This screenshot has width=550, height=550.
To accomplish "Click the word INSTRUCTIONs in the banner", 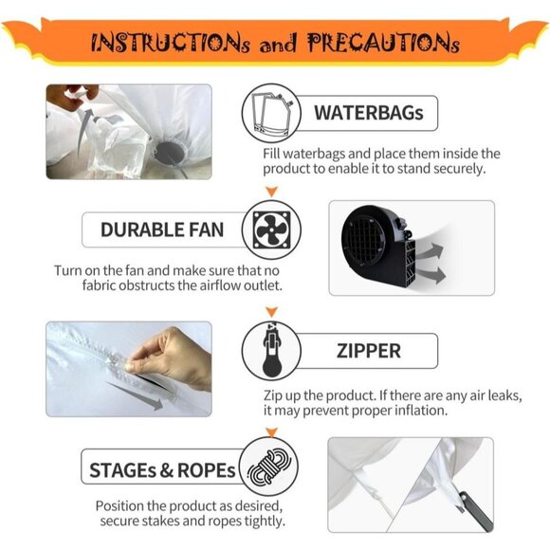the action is (171, 43).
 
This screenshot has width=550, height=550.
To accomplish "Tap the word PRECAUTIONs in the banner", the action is (384, 43).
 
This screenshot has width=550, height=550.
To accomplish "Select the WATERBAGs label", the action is (369, 113).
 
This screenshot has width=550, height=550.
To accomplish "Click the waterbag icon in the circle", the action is (272, 113).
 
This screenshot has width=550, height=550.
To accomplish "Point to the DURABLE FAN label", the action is (162, 229).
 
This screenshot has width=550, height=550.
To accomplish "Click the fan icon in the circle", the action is (271, 230).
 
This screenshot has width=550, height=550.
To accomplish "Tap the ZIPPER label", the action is (369, 351).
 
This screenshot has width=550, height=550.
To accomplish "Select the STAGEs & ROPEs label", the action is (162, 470).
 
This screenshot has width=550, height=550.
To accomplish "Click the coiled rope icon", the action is (269, 467).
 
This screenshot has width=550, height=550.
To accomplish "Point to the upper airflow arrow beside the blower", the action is (430, 251).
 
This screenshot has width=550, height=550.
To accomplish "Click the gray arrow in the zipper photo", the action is (135, 396).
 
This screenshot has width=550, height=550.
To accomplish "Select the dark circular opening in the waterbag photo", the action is (170, 153).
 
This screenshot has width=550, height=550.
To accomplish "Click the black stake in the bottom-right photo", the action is (475, 511).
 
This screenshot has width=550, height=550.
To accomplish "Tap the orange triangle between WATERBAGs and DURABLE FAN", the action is (272, 192).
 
